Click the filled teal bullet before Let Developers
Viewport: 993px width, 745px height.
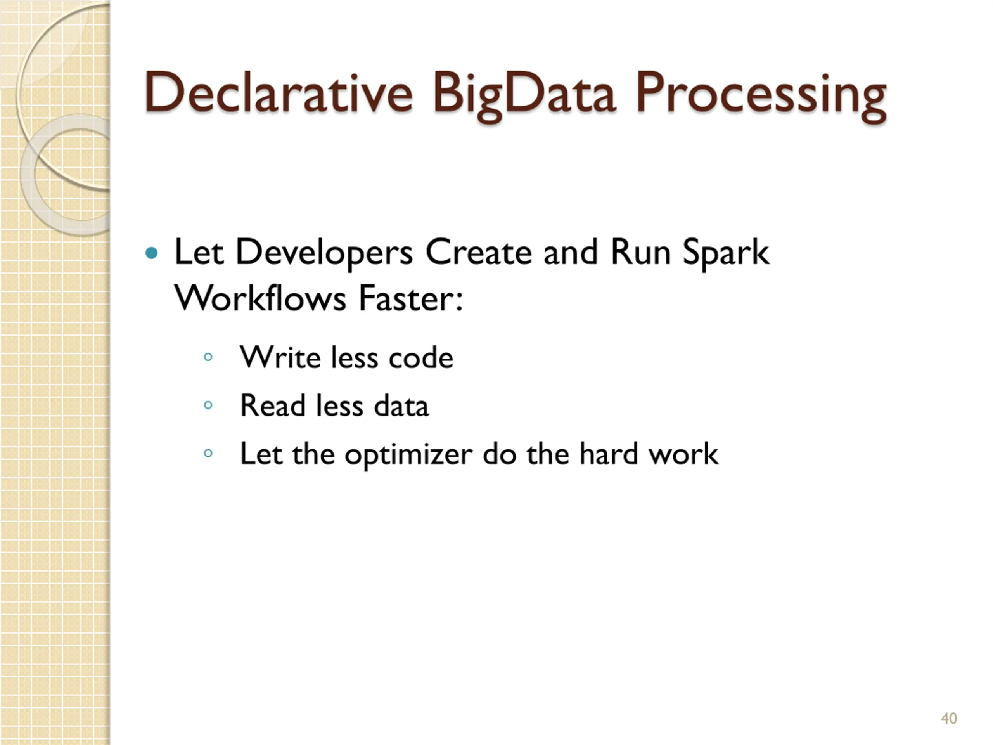(x=152, y=253)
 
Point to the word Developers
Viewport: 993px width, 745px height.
(x=324, y=253)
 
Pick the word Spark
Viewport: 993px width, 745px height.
(x=726, y=253)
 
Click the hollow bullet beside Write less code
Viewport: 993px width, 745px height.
(x=208, y=357)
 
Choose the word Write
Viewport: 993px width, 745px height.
(x=280, y=357)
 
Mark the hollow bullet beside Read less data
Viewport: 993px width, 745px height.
(x=208, y=405)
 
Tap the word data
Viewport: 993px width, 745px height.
(x=401, y=405)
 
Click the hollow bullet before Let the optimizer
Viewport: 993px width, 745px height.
(x=208, y=453)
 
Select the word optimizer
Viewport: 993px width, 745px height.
(x=408, y=454)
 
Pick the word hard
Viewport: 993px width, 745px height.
(x=608, y=453)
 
